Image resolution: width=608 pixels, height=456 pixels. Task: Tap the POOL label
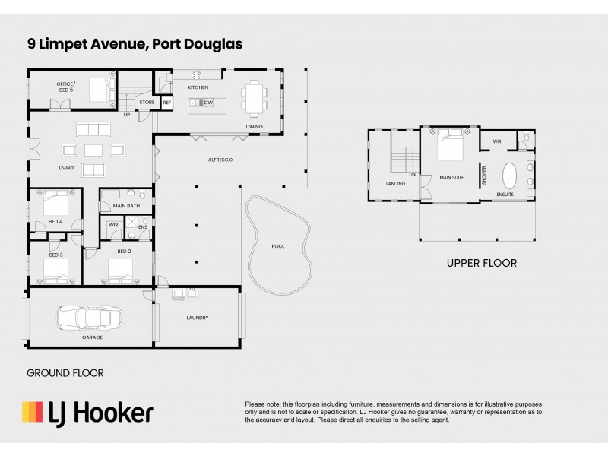pyautogui.click(x=278, y=246)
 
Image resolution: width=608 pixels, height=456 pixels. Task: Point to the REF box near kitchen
pyautogui.click(x=166, y=102)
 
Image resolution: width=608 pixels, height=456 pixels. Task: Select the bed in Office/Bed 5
pyautogui.click(x=100, y=89)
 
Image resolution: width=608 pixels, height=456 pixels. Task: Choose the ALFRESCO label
pyautogui.click(x=220, y=160)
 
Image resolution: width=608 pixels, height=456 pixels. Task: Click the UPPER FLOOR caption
pyautogui.click(x=481, y=264)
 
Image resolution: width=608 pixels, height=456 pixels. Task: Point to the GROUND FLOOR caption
pyautogui.click(x=65, y=373)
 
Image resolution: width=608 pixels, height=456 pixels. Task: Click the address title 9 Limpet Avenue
pyautogui.click(x=135, y=44)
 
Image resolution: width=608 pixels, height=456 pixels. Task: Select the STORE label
pyautogui.click(x=147, y=102)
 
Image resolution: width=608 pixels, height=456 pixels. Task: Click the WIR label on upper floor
pyautogui.click(x=497, y=141)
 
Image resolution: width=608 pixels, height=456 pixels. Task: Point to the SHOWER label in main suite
pyautogui.click(x=483, y=176)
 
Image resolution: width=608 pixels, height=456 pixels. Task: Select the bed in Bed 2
pyautogui.click(x=121, y=268)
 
